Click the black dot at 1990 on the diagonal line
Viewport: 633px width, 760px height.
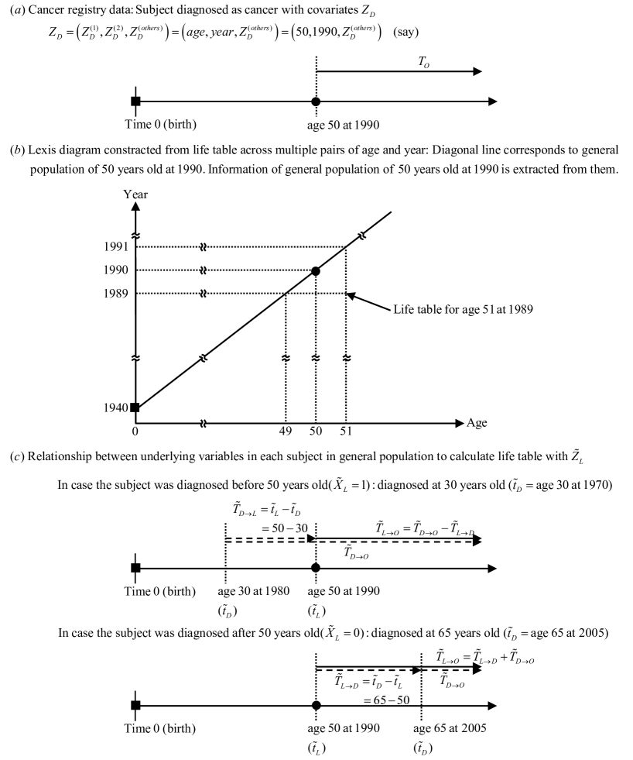[x=316, y=270]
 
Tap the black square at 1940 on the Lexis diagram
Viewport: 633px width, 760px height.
[x=135, y=408]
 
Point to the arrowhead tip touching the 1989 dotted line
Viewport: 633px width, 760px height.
[x=349, y=294]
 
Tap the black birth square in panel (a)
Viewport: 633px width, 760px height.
[x=135, y=101]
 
